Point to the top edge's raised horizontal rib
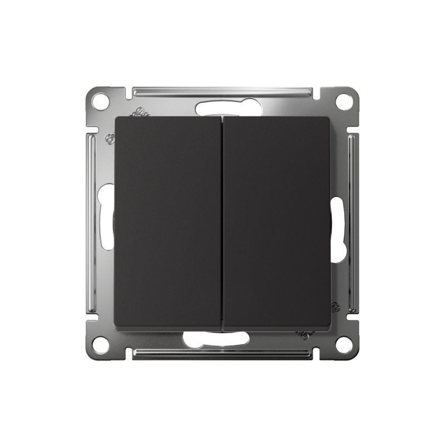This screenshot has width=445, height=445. click(222, 90)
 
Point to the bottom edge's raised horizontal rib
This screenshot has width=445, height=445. click(222, 354)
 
